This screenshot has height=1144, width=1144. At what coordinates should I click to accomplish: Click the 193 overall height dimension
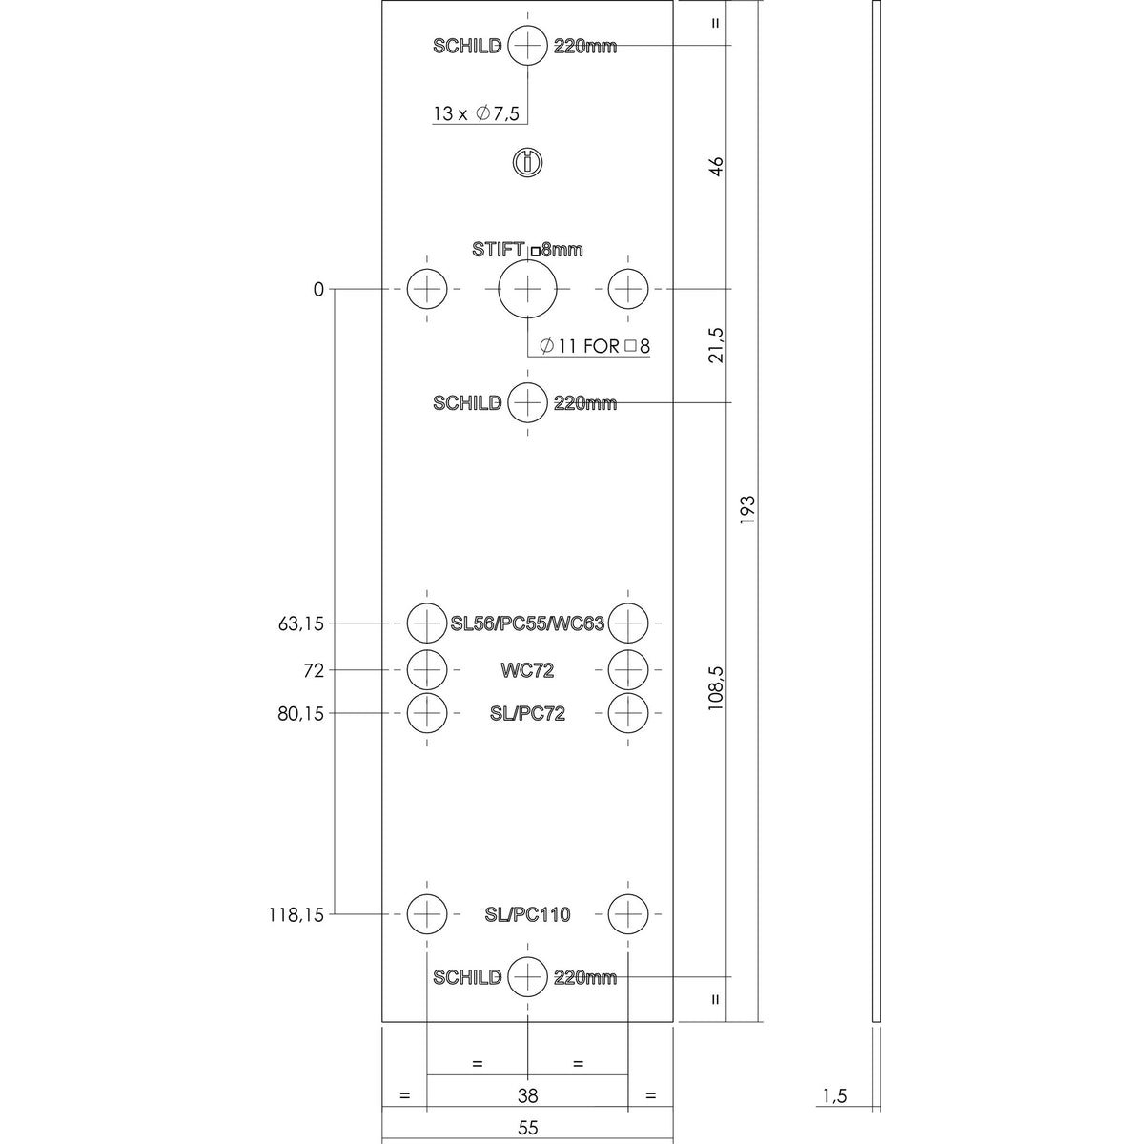click(747, 509)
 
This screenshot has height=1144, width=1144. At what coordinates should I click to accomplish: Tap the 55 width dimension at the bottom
click(527, 1128)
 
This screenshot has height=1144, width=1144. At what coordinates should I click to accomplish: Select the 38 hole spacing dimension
click(527, 1095)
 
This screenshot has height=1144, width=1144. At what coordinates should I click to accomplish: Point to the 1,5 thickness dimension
click(835, 1096)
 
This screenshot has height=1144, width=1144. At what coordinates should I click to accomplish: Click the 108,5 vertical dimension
click(715, 688)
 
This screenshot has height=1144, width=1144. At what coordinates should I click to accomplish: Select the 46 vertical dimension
click(716, 166)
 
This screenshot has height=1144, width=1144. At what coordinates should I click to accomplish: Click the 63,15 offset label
click(301, 623)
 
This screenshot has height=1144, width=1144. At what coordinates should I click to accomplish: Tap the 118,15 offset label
click(296, 915)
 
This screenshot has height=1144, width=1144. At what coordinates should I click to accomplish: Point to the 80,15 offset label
click(301, 714)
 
